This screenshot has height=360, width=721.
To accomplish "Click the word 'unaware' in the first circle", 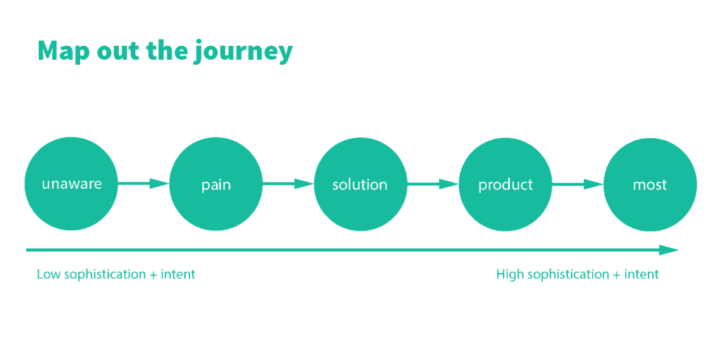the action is [71, 185].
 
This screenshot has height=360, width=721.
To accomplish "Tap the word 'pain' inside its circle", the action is [215, 185].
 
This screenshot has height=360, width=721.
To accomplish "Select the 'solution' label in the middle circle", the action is [360, 185].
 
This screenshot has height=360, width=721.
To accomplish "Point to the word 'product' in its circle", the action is [506, 185].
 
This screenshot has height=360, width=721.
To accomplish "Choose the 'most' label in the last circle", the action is [650, 185].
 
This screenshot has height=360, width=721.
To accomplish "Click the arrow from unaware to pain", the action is [144, 184].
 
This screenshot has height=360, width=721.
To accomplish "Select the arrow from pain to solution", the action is [288, 184].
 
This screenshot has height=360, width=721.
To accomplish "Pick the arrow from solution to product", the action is [433, 184].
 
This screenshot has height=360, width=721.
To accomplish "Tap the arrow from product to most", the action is [577, 184].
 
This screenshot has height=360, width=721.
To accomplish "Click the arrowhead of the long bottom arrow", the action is [669, 250].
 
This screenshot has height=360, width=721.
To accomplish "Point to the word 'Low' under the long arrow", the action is [49, 274].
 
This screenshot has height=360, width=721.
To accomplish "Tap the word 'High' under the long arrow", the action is [510, 274].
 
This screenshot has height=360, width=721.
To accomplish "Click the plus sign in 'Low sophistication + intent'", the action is [153, 275].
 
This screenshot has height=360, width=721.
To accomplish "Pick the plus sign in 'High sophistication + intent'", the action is [617, 275].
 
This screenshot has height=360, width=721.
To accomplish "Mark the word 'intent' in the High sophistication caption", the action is [641, 275].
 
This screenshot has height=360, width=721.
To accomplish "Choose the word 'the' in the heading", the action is [166, 51].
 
